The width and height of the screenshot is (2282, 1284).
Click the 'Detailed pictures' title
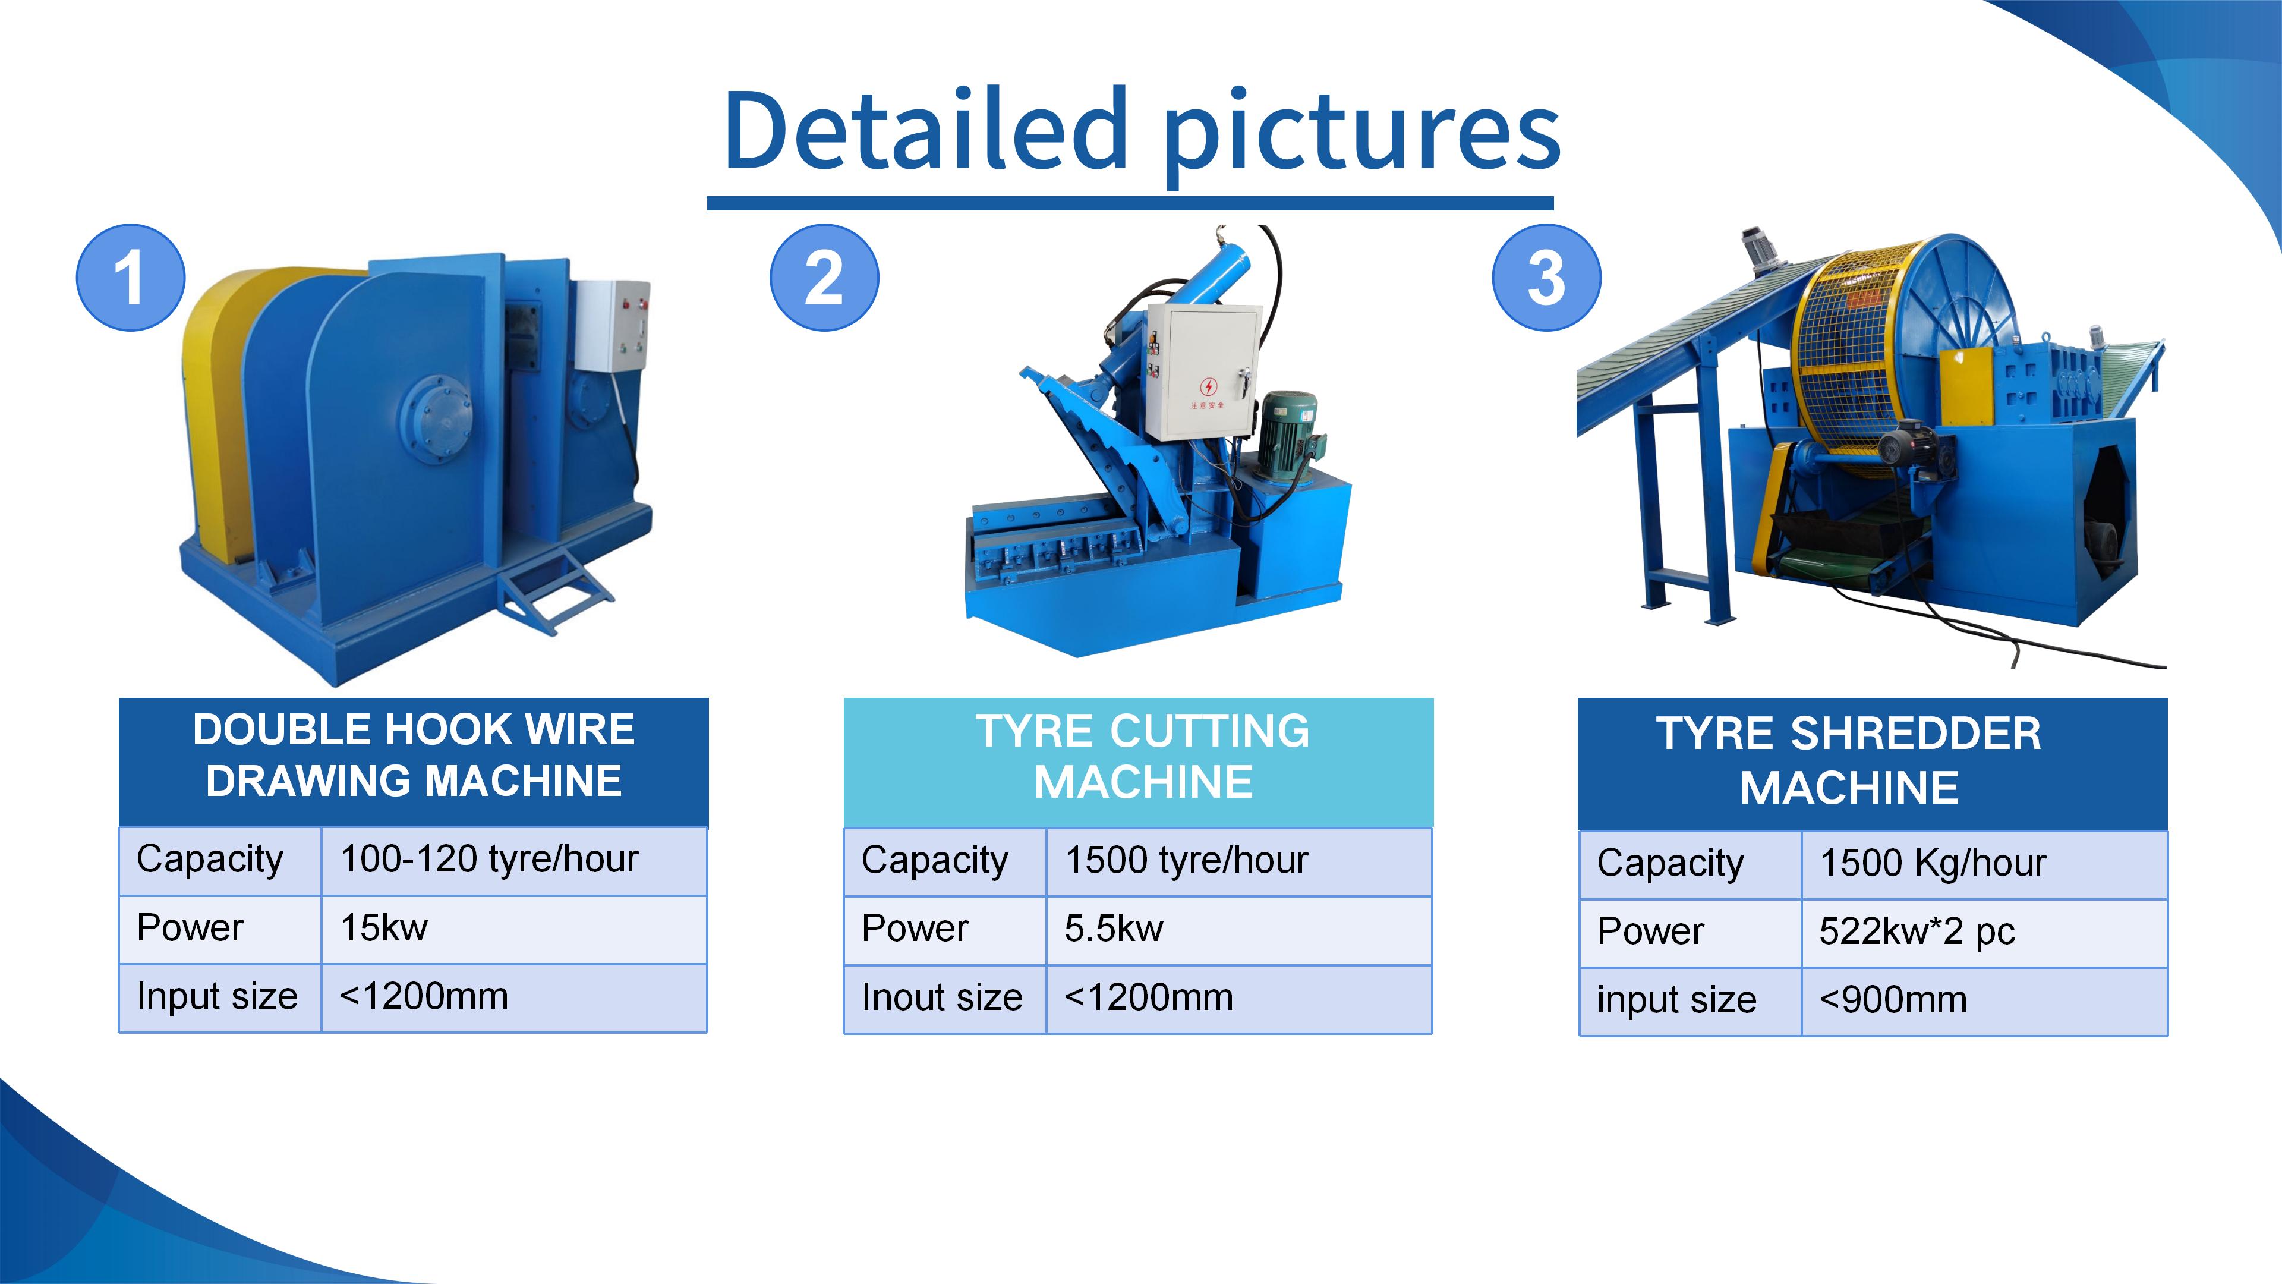point(1141,132)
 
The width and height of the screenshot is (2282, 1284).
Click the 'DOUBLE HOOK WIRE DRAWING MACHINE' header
point(414,761)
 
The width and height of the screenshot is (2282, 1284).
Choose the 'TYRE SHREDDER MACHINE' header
point(1872,763)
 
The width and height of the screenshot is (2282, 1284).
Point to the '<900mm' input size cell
point(1984,1001)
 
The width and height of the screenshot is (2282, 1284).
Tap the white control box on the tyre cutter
point(1202,372)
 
